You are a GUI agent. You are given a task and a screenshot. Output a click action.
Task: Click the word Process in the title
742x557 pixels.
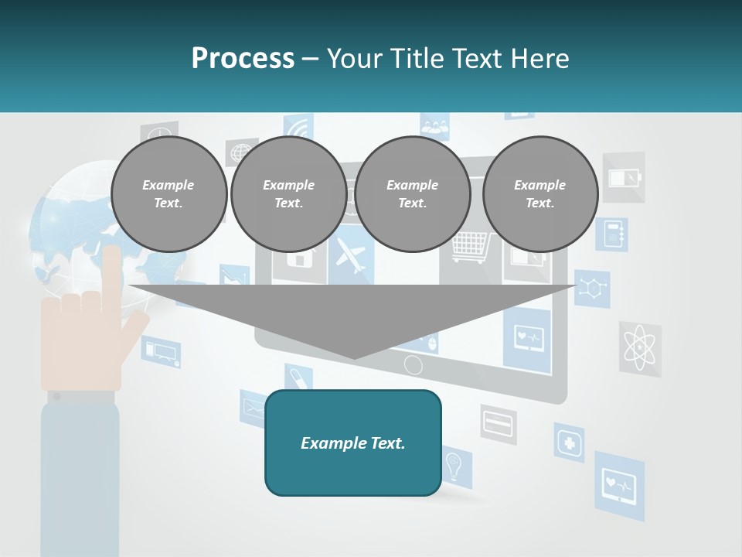click(243, 58)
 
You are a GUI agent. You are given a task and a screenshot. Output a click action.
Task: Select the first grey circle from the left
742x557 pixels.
click(169, 194)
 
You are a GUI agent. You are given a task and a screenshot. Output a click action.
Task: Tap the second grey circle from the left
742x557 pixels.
click(289, 194)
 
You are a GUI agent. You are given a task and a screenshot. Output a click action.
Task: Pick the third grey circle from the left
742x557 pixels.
click(413, 194)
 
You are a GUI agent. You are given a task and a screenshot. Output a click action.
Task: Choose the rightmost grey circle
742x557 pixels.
click(540, 194)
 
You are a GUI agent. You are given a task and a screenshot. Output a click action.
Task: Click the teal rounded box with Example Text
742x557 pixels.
click(353, 443)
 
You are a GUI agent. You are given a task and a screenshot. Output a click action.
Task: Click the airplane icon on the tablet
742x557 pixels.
click(350, 256)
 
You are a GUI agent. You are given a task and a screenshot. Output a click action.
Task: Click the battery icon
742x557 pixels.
click(623, 178)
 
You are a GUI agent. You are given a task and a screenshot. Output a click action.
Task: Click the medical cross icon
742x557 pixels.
click(570, 443)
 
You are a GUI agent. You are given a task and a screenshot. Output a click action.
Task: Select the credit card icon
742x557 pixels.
click(499, 423)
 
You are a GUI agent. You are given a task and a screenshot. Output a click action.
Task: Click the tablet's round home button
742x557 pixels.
click(414, 364)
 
